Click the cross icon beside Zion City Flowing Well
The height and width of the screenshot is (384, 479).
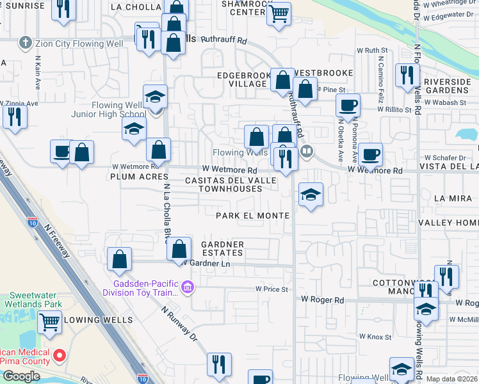click(x=25, y=43)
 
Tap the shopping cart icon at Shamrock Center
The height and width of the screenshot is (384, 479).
click(x=279, y=13)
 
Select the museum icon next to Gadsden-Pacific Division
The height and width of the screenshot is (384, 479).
click(x=186, y=286)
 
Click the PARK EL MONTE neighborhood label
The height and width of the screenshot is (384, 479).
click(x=252, y=216)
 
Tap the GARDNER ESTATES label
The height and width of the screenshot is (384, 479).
click(x=222, y=248)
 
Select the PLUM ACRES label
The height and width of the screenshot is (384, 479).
click(x=139, y=177)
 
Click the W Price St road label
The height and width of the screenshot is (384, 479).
click(x=272, y=289)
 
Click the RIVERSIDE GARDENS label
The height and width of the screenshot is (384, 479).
click(x=447, y=86)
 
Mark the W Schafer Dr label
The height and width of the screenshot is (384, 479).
click(x=444, y=157)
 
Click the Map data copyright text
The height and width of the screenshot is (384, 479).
click(x=452, y=379)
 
